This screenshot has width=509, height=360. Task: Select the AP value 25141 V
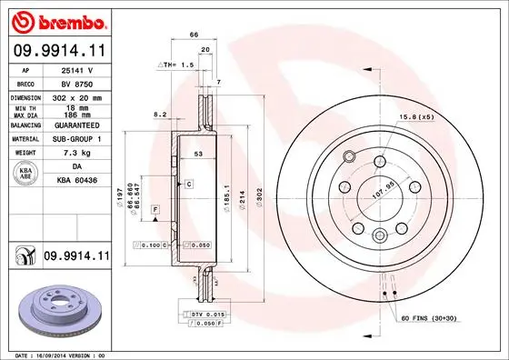(77, 69)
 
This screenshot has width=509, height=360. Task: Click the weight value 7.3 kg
(76, 154)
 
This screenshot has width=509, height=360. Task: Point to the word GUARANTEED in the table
(77, 126)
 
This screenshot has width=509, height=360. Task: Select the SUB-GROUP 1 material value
(77, 140)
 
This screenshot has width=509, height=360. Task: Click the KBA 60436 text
(77, 180)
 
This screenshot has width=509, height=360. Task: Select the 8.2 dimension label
(160, 115)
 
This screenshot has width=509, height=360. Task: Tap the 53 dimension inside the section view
(196, 155)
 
